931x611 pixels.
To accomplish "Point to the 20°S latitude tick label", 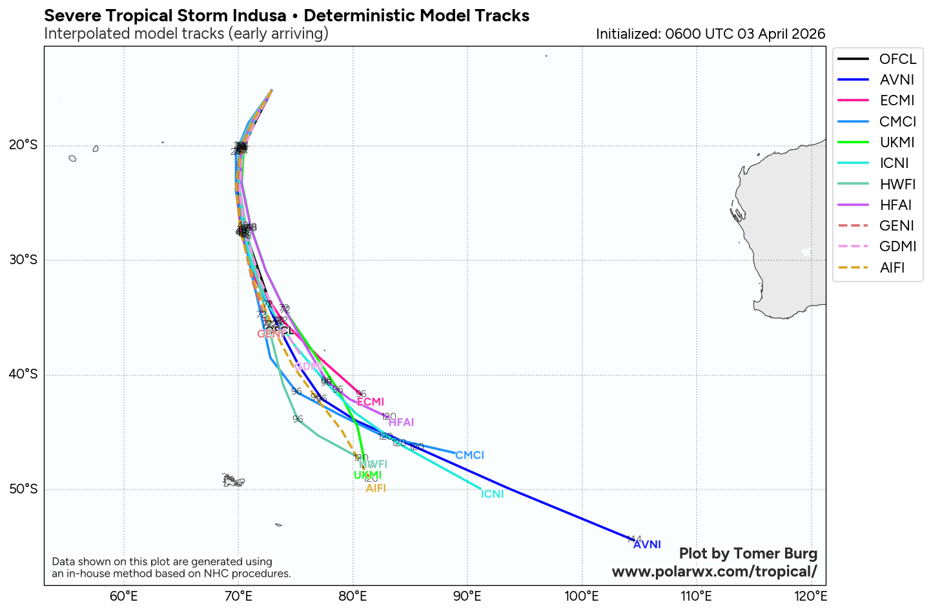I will pyautogui.click(x=23, y=145).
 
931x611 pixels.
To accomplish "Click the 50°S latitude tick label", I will pyautogui.click(x=23, y=490).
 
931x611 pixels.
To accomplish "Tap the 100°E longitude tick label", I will pyautogui.click(x=582, y=596).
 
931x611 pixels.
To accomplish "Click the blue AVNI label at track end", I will pyautogui.click(x=647, y=544).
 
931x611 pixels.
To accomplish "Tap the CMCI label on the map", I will pyautogui.click(x=469, y=455).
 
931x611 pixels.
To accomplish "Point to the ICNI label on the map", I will pyautogui.click(x=492, y=494).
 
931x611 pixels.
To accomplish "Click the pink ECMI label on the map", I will pyautogui.click(x=371, y=402).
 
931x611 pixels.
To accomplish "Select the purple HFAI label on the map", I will pyautogui.click(x=401, y=422).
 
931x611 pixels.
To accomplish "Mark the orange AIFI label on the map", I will pyautogui.click(x=376, y=488).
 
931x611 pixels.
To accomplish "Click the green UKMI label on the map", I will pyautogui.click(x=367, y=475).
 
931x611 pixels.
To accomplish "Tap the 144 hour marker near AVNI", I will pyautogui.click(x=633, y=539).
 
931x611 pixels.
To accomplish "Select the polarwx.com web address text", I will pyautogui.click(x=714, y=572).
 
